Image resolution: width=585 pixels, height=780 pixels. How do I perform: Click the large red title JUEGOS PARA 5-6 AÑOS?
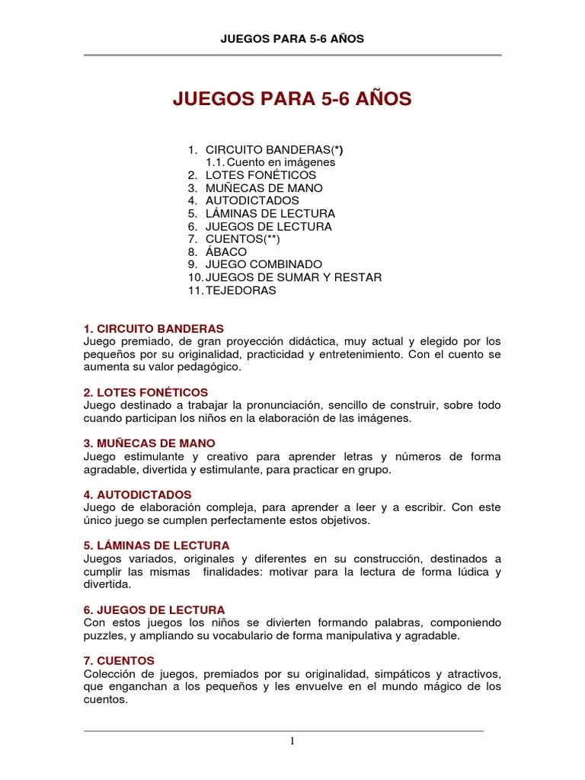click(292, 99)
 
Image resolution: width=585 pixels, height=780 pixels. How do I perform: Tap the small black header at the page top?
click(292, 39)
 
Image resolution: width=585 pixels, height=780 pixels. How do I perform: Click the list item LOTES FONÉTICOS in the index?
click(261, 175)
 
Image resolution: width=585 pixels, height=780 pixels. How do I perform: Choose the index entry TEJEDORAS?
click(241, 290)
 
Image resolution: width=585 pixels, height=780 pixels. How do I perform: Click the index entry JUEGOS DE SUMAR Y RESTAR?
click(293, 277)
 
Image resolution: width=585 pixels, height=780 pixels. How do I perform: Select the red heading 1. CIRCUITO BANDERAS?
click(154, 328)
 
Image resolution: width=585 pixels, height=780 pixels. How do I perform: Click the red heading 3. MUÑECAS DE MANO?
click(149, 443)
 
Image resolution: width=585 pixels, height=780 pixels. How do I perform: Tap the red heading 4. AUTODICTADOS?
click(138, 494)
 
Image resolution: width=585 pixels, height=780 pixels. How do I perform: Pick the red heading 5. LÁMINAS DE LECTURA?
click(156, 545)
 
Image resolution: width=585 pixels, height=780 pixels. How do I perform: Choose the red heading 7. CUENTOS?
click(119, 660)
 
